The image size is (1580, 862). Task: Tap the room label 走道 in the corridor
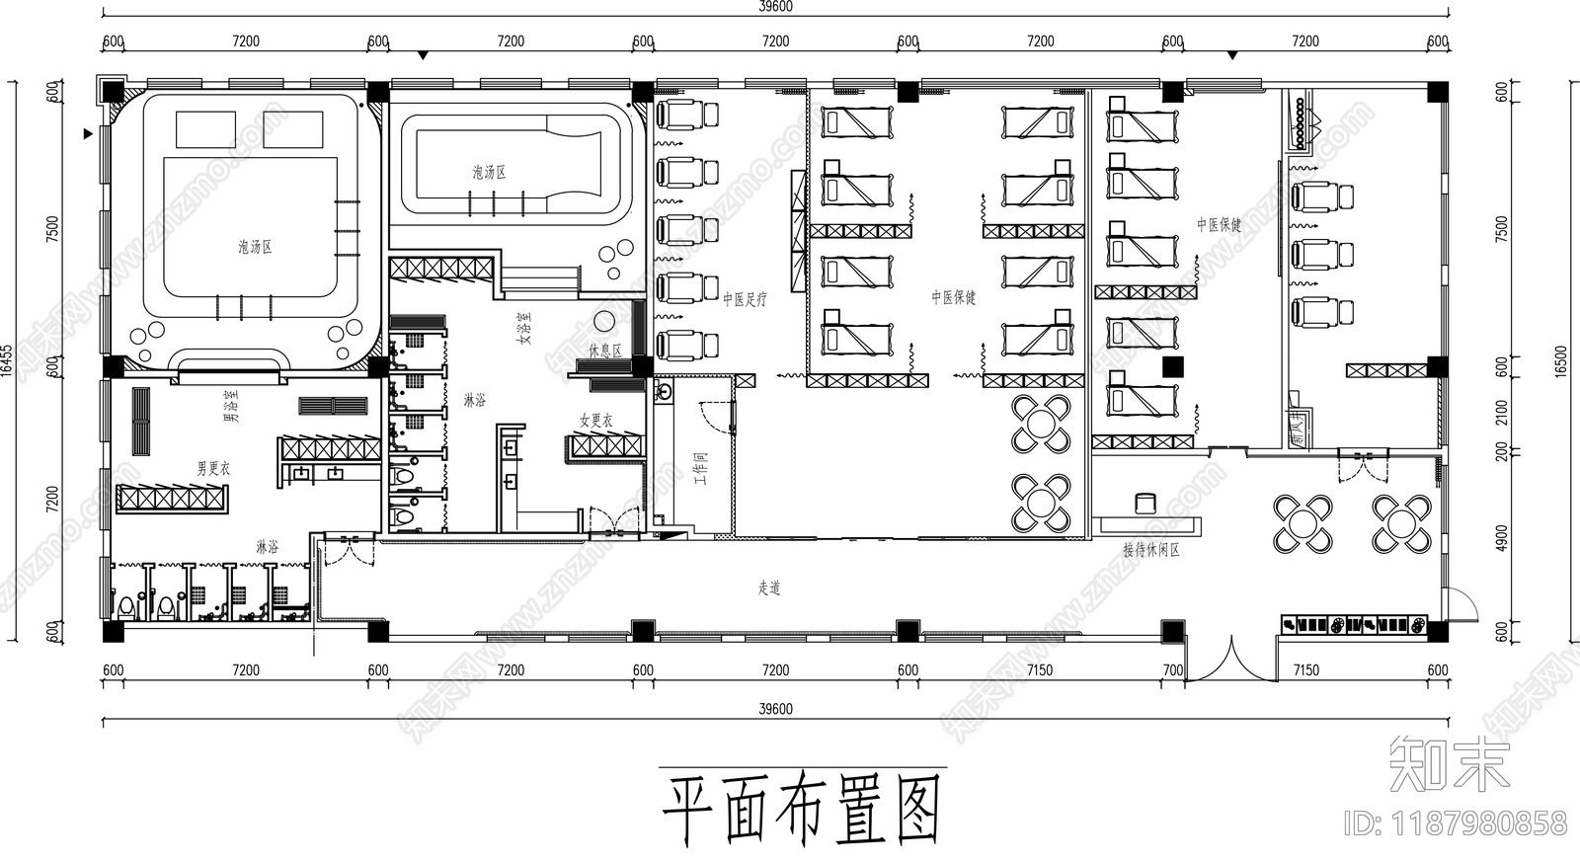point(769,588)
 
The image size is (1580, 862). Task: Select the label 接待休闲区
point(1150,550)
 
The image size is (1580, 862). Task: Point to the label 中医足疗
point(744,298)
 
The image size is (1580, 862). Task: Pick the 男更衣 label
point(212,468)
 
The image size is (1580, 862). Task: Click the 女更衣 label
point(595,421)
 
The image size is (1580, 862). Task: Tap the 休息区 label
point(605,351)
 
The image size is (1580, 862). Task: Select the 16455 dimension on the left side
point(8,359)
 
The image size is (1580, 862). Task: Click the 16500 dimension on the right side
point(1561,359)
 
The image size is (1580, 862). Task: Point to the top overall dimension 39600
point(775,6)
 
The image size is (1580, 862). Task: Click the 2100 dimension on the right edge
point(1502,412)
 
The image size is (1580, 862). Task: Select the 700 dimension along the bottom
point(1172,669)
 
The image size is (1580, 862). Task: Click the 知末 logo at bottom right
point(1449,762)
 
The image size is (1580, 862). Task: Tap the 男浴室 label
point(229,405)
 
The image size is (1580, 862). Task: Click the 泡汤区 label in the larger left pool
point(255,247)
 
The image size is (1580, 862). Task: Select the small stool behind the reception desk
point(1145,503)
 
